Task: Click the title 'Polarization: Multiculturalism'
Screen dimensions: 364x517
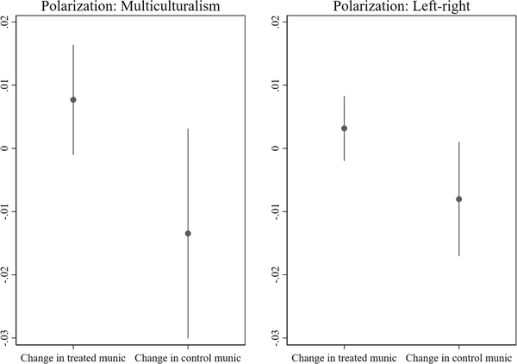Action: [x=130, y=7]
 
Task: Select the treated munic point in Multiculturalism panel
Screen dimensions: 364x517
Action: [x=73, y=100]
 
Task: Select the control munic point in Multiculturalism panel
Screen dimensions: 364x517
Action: [x=188, y=234]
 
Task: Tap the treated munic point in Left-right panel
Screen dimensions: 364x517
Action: [x=344, y=129]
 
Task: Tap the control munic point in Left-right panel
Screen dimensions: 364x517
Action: [x=459, y=199]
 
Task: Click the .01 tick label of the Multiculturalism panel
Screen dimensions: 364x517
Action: [x=7, y=85]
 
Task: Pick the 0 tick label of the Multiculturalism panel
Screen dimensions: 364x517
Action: [x=7, y=148]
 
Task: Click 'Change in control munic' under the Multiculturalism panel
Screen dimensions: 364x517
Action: [x=188, y=356]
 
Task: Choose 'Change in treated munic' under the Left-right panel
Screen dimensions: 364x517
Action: [x=344, y=356]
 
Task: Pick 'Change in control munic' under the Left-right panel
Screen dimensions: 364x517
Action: [x=458, y=356]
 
